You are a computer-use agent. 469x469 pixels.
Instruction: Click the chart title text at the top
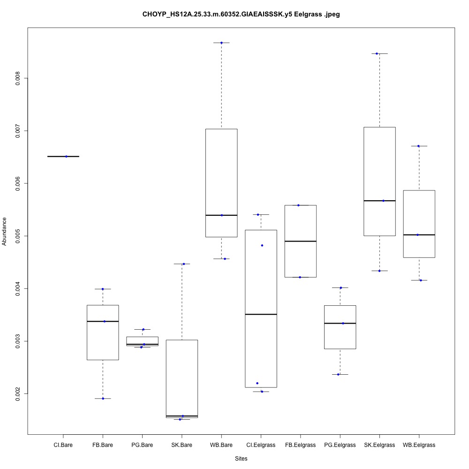click(241, 15)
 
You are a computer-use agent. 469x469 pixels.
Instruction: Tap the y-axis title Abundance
click(5, 231)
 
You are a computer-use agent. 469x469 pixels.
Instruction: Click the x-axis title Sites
click(241, 458)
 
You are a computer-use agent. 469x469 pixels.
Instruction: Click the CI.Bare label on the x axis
click(63, 445)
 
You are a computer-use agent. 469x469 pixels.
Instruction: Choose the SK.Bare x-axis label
click(182, 445)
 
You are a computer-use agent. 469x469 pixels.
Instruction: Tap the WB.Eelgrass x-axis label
click(419, 445)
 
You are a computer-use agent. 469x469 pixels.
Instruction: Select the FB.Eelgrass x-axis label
click(300, 445)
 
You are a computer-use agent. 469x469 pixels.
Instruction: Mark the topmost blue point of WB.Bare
click(221, 43)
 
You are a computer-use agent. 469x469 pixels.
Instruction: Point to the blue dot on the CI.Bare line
click(66, 156)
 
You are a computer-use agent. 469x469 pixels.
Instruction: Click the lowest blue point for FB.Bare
click(103, 398)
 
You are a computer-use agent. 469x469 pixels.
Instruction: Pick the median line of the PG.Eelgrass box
click(340, 323)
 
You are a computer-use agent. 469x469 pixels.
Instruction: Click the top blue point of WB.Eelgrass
click(418, 146)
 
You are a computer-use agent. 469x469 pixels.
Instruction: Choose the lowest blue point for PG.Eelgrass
click(338, 374)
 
